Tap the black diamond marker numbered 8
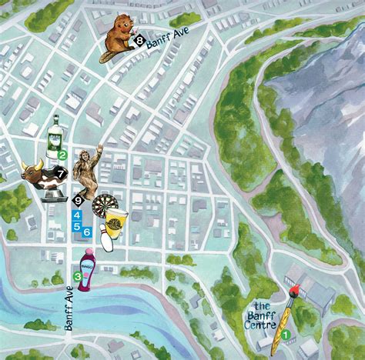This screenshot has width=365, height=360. [x=139, y=38]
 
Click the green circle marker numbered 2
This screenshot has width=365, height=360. [x=61, y=154]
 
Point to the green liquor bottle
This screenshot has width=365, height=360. [x=55, y=136]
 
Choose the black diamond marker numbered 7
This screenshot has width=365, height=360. [x=62, y=175]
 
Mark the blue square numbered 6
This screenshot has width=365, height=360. [x=87, y=232]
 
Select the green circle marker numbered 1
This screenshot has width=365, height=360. [x=286, y=334]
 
